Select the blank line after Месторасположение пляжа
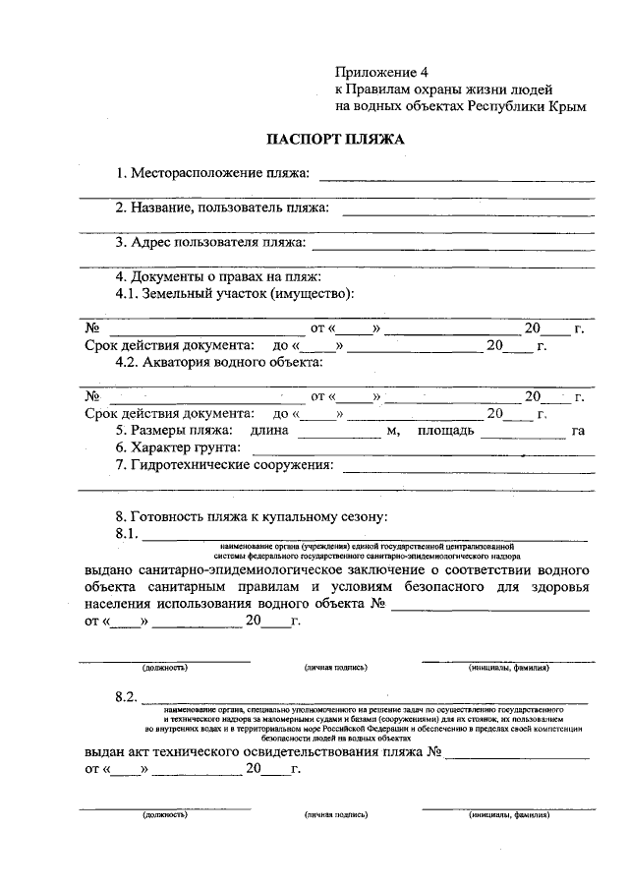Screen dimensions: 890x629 click(x=456, y=178)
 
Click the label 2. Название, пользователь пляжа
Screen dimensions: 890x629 click(x=221, y=208)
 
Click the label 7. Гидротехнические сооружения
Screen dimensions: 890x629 click(x=224, y=464)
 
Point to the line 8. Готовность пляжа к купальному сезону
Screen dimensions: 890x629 click(x=253, y=516)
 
